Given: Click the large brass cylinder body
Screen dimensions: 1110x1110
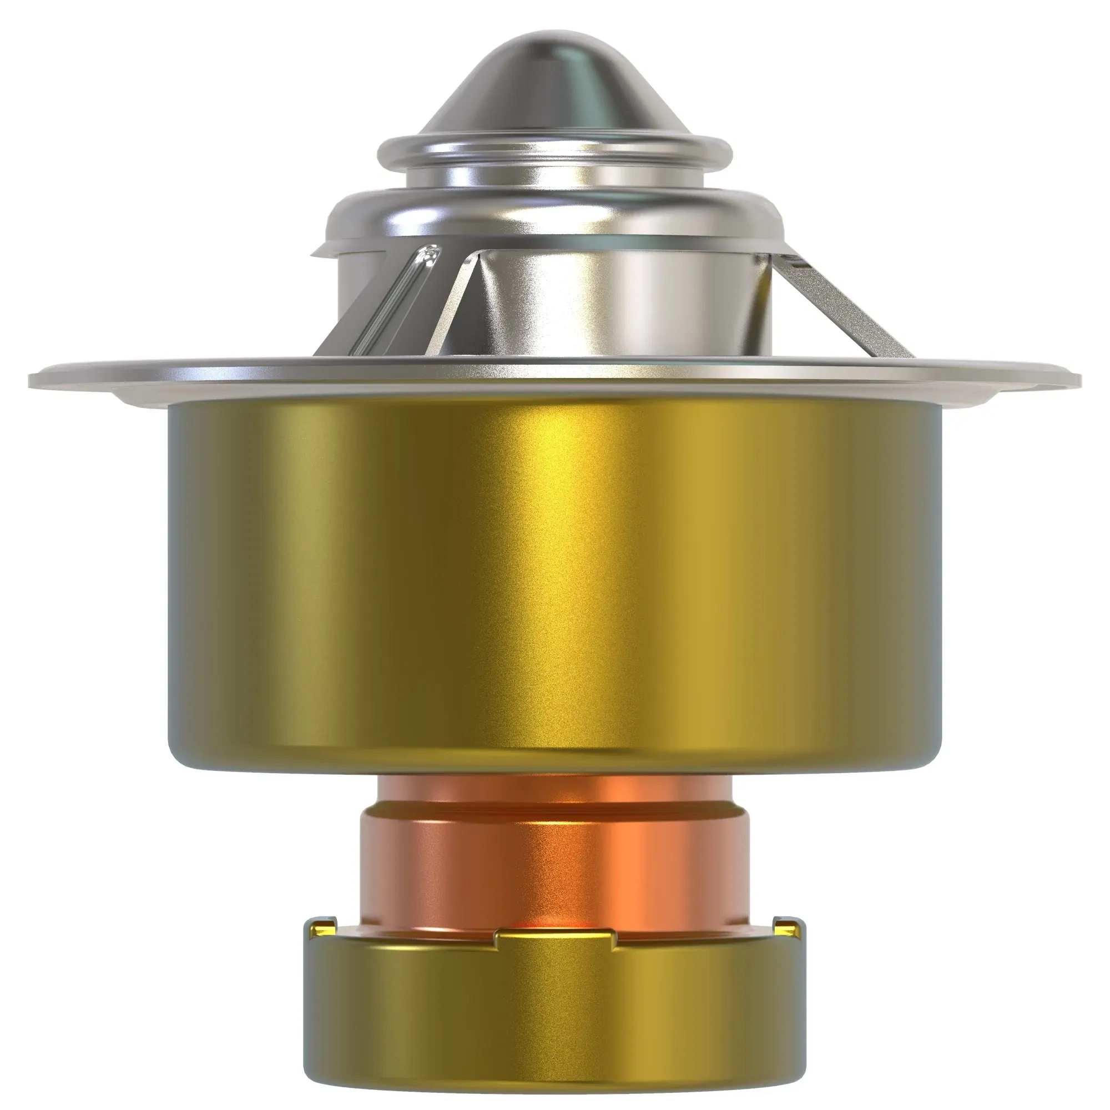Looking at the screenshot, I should (554, 574).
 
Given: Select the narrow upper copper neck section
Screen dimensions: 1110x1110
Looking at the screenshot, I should (554, 790).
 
